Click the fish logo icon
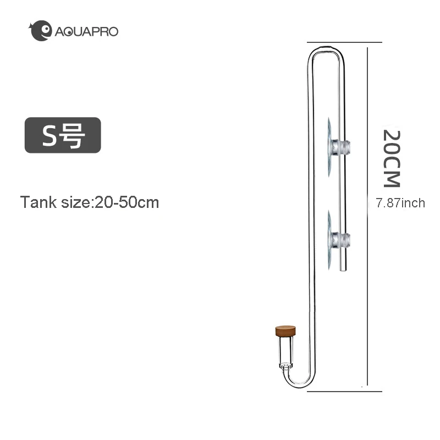point(41,31)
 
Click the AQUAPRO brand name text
point(86,31)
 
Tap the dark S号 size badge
point(63,135)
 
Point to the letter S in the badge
point(49,135)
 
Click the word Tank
point(38,202)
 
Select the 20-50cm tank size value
point(127,202)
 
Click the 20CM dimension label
point(392,158)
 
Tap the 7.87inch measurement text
point(400,203)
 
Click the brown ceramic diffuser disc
point(285,331)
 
